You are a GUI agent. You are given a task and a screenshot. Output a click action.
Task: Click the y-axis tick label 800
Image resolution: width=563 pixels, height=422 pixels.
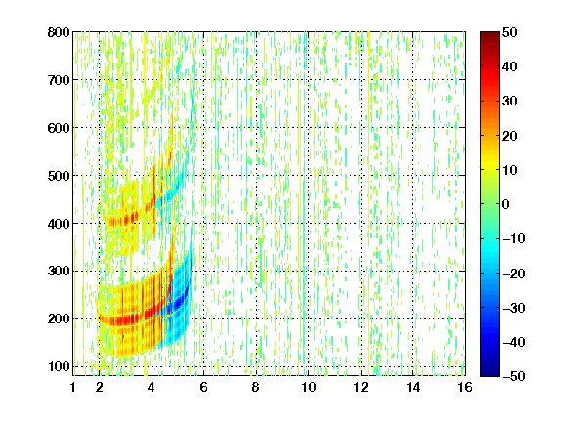click(59, 32)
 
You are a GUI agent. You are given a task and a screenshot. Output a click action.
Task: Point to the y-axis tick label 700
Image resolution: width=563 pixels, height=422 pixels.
click(59, 80)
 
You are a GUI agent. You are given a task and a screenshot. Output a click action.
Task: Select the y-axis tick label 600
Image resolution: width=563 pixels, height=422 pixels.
click(59, 128)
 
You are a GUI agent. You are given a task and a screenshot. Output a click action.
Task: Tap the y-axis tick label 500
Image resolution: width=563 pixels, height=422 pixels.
click(59, 176)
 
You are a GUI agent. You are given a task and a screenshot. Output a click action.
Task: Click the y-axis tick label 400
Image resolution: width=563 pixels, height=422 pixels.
click(59, 224)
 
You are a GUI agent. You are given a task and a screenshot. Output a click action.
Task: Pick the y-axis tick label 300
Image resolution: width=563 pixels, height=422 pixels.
click(59, 272)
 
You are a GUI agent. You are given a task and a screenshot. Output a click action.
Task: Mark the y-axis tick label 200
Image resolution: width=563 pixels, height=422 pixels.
click(59, 319)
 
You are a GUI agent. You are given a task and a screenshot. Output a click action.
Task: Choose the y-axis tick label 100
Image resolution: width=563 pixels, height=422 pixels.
click(59, 366)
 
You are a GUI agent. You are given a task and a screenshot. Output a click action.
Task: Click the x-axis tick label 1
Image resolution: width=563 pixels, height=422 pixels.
click(73, 387)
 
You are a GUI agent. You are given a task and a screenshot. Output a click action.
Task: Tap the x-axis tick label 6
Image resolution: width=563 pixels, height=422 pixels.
click(203, 387)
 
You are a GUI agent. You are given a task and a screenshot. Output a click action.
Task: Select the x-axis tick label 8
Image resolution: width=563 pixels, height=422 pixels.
click(256, 387)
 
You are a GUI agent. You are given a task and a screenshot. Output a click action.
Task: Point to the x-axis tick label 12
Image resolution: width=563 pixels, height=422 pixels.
click(360, 387)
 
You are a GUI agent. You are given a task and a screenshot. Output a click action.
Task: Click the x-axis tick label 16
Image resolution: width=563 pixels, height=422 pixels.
click(465, 387)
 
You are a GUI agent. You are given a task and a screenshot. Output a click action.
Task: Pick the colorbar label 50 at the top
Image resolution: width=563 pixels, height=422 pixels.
click(509, 32)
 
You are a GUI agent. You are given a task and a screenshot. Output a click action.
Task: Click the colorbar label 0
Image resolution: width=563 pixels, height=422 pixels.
click(506, 204)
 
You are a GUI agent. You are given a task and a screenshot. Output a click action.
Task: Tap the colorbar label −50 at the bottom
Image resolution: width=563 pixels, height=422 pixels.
click(514, 376)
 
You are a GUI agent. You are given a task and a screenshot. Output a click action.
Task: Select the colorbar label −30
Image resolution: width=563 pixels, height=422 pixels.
click(514, 308)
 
